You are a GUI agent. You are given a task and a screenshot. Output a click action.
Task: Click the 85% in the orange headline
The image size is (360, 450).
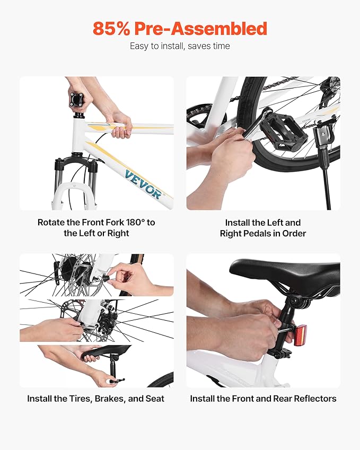pos(111,29)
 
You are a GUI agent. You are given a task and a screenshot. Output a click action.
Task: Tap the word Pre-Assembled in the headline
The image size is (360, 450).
pos(200,29)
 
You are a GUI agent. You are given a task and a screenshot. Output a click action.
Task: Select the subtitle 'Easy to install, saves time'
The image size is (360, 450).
pos(180,46)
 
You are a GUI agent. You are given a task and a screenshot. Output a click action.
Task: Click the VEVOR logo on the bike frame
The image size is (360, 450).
pos(143,184)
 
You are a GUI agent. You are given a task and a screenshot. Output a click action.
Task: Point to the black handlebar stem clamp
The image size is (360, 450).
pos(77,101)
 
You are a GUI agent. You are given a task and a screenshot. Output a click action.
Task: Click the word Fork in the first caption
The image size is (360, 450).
pos(108,223)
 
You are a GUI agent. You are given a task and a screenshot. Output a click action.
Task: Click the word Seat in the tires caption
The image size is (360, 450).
pos(155,399)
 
